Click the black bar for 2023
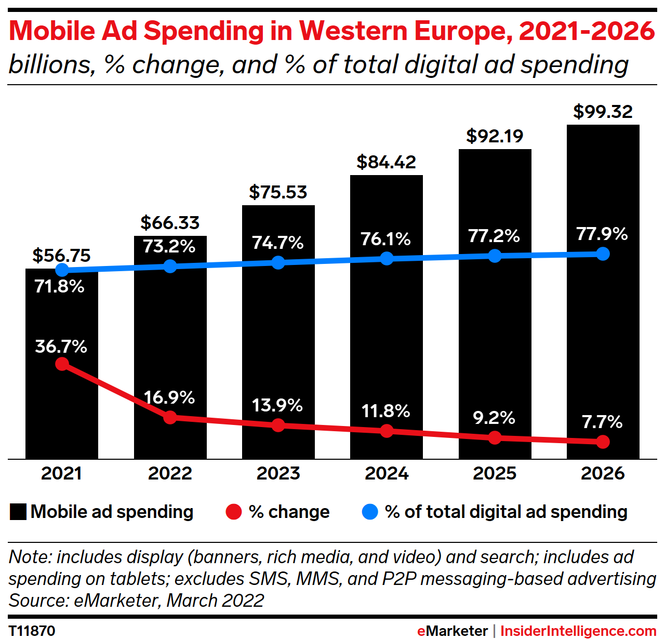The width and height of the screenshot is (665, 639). (x=278, y=332)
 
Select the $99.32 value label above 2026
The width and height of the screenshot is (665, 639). (x=603, y=112)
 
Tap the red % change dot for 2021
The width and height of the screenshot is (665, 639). (x=62, y=364)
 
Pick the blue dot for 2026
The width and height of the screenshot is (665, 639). (x=603, y=254)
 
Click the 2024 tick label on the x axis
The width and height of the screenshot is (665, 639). (x=387, y=473)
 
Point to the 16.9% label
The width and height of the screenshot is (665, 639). (x=169, y=398)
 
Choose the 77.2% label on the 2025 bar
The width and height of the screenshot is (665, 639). (x=494, y=236)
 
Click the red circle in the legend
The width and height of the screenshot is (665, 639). (x=234, y=512)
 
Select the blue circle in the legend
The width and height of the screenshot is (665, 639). (x=369, y=512)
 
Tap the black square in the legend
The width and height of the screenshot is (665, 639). (x=18, y=512)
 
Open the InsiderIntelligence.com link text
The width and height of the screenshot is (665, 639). (x=578, y=631)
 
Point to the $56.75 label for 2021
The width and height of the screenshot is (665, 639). (x=61, y=255)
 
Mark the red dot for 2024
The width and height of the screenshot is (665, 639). (x=387, y=431)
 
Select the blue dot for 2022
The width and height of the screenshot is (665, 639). (x=170, y=266)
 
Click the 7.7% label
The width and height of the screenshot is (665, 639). (x=602, y=422)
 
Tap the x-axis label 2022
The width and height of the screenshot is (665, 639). (x=170, y=473)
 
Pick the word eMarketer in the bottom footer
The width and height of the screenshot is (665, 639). (x=452, y=631)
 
